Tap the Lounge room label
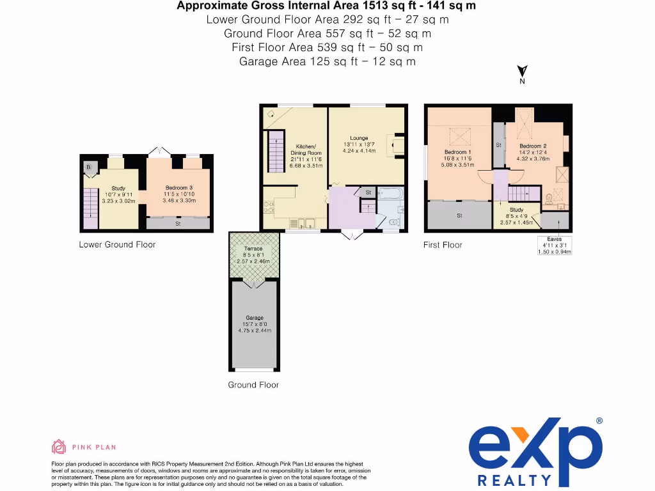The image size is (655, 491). click(359, 138)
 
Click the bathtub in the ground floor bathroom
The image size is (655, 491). click(390, 194)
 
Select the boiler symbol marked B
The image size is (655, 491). click(88, 168)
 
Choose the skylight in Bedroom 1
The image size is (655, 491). click(459, 136)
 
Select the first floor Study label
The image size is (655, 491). click(516, 210)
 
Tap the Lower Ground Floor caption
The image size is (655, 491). click(117, 244)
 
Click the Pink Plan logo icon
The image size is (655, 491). click(58, 447)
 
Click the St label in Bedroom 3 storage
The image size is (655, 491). click(178, 224)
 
